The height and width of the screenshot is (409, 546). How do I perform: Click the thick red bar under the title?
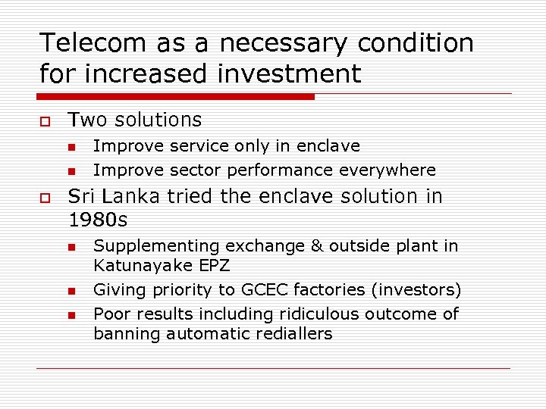point(176,97)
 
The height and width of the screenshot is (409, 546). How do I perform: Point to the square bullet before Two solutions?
point(45,121)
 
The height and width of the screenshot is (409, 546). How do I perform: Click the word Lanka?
point(132,196)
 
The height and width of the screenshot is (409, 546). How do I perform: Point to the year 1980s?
point(98,220)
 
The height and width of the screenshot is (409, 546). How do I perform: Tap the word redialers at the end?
point(291,334)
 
